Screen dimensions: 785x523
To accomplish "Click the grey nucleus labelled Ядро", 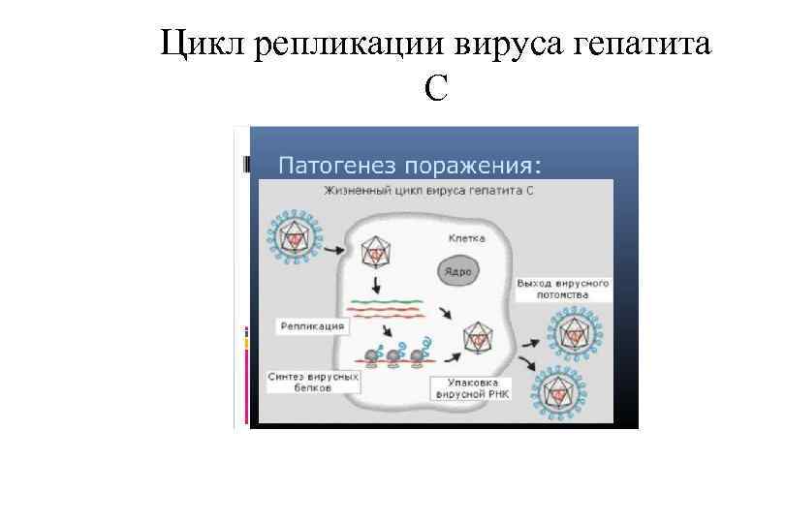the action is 457,271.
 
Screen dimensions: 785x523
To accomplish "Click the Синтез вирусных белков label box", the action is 313,380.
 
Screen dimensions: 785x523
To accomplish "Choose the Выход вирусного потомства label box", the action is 562,288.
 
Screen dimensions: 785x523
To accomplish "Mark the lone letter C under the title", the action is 435,89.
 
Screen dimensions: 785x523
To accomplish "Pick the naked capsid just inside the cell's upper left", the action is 373,251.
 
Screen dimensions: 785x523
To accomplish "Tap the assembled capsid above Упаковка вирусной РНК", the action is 476,339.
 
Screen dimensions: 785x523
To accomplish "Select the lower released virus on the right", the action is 557,392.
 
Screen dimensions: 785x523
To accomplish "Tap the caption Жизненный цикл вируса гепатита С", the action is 430,191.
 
